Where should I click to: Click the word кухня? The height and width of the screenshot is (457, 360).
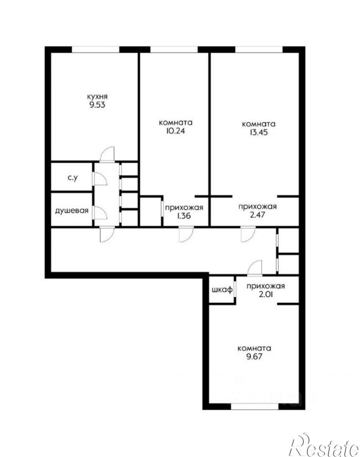click(97, 96)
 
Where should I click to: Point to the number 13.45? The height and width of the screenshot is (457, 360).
click(258, 132)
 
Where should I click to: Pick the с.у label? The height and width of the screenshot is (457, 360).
click(72, 178)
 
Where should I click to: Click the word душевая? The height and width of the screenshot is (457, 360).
click(72, 210)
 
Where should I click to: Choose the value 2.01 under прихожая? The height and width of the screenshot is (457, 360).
click(265, 294)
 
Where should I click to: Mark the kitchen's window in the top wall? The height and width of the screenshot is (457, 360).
click(96, 49)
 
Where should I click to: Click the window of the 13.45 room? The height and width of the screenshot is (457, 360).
click(258, 49)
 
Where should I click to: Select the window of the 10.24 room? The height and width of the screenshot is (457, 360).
click(174, 49)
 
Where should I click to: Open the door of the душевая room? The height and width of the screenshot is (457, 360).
click(99, 212)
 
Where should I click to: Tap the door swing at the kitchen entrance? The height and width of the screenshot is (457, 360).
click(106, 154)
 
